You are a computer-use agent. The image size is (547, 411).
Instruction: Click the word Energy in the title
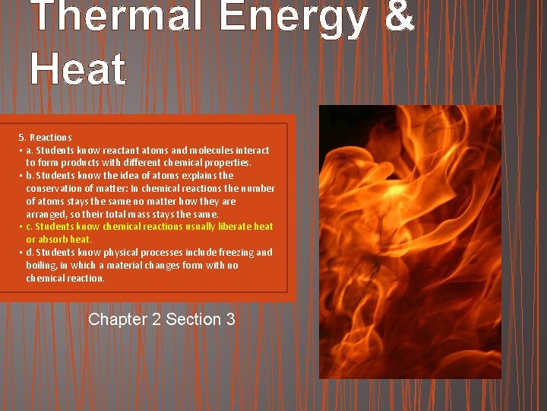click(x=292, y=17)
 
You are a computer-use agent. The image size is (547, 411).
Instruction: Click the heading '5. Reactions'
click(x=46, y=138)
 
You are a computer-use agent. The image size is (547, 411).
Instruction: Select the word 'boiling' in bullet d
click(x=41, y=266)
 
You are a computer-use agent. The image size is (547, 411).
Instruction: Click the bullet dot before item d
click(x=21, y=253)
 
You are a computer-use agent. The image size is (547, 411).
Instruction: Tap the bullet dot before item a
click(x=21, y=151)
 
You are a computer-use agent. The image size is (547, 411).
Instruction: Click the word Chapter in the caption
click(x=118, y=320)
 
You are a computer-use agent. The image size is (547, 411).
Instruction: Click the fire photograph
click(x=410, y=242)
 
